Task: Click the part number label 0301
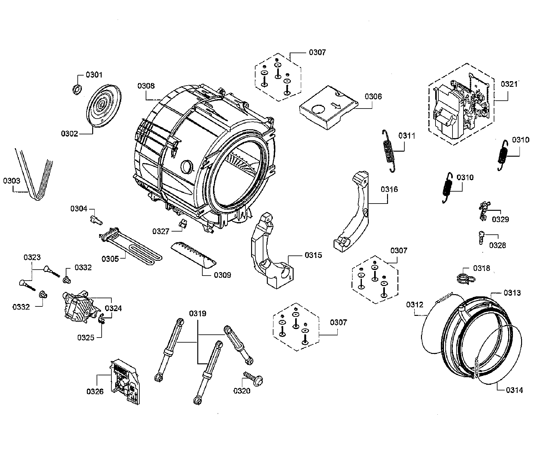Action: [x=94, y=75]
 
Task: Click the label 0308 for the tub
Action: [x=146, y=86]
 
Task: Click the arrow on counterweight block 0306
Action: [x=336, y=105]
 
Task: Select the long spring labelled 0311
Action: [x=389, y=151]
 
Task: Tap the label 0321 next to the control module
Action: [x=509, y=84]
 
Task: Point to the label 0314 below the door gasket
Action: [x=514, y=390]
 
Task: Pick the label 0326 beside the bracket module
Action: [x=95, y=392]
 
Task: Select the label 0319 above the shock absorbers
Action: [x=197, y=314]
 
